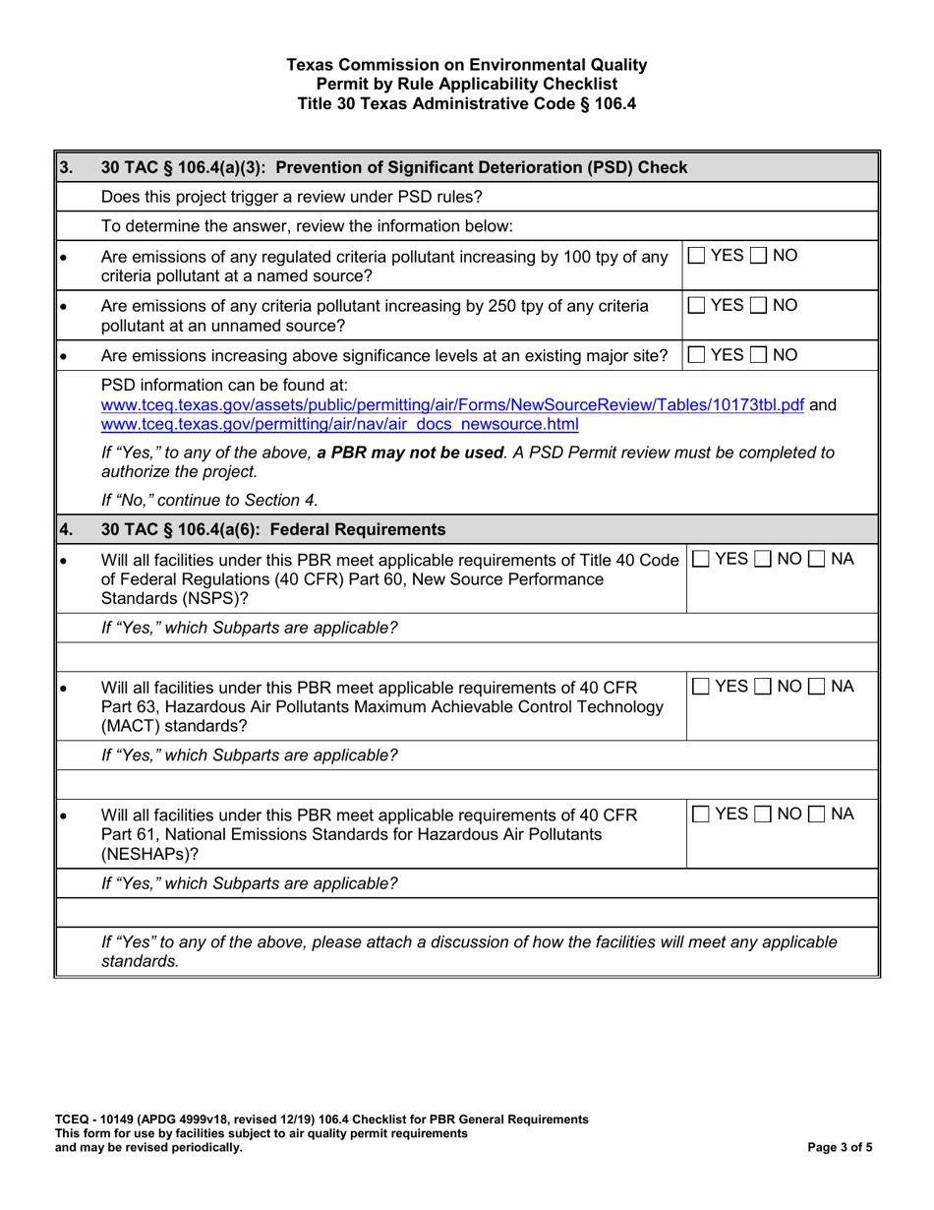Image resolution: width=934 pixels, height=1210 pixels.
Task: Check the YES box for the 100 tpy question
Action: pyautogui.click(x=696, y=257)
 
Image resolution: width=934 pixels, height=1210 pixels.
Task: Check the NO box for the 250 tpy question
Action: pyautogui.click(x=762, y=306)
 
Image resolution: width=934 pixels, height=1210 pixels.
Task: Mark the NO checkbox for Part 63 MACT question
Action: pyautogui.click(x=762, y=685)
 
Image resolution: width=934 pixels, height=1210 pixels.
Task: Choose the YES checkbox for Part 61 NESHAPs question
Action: pyautogui.click(x=696, y=815)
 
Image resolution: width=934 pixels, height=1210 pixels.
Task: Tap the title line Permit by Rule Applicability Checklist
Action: pyautogui.click(x=467, y=84)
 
